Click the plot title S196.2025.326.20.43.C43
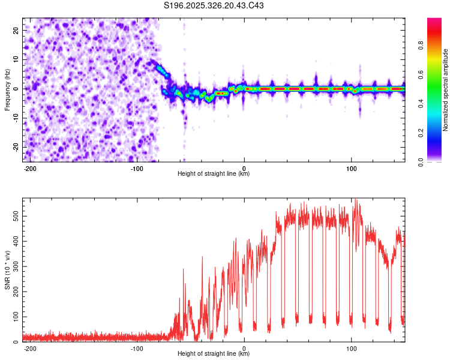point(214,5)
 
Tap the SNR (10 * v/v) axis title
point(7,270)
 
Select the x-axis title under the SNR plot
point(214,354)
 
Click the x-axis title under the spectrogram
point(214,174)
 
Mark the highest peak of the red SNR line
point(356,199)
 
